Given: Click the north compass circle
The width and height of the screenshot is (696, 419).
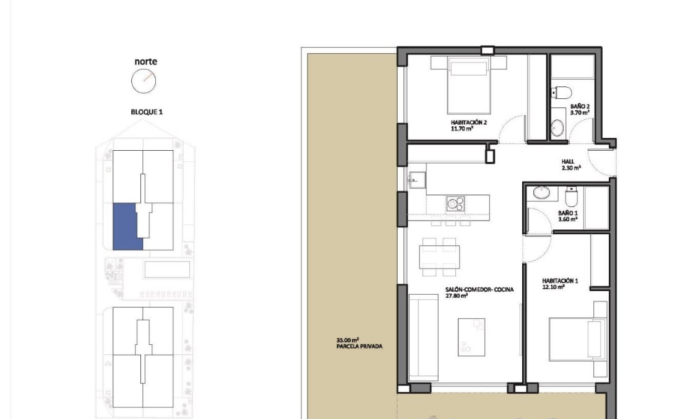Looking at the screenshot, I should click(x=144, y=80).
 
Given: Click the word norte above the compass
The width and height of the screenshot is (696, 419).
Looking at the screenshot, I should click(x=145, y=61).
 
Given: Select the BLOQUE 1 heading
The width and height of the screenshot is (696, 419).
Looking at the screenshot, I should click(x=146, y=112).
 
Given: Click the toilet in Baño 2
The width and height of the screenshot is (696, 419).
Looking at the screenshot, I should click(x=562, y=93).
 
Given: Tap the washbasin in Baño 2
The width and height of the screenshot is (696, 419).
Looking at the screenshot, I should click(x=557, y=128).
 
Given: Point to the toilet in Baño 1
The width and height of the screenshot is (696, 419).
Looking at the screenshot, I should click(x=571, y=197).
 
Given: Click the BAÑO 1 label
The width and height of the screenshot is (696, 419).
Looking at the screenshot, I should click(x=567, y=216).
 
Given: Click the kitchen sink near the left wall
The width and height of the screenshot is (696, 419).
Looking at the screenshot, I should click(x=415, y=180).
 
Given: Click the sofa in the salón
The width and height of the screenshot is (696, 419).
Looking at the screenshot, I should click(x=423, y=337).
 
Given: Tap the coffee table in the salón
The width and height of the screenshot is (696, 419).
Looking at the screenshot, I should click(x=471, y=337).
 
